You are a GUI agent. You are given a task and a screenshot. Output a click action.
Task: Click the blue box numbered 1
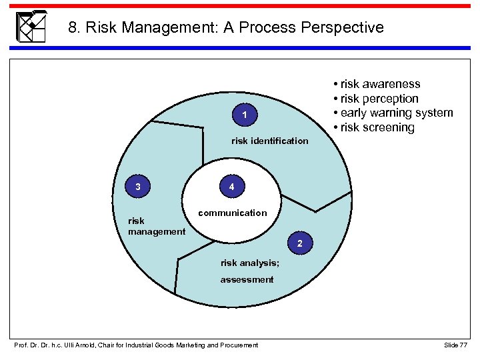(245, 117)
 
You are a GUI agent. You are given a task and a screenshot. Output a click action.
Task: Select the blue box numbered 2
(300, 245)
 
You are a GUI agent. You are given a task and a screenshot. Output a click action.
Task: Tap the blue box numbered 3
(137, 187)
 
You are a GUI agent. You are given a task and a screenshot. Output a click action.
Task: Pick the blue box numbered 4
(231, 187)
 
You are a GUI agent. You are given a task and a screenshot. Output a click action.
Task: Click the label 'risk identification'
(269, 141)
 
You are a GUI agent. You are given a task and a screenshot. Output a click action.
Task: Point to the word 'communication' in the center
(232, 213)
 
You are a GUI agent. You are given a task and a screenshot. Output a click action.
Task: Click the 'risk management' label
(156, 226)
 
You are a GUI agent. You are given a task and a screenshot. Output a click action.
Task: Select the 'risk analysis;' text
(250, 263)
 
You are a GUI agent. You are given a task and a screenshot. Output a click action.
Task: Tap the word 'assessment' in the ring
(247, 279)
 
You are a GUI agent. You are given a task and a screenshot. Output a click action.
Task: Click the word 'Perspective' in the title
(343, 28)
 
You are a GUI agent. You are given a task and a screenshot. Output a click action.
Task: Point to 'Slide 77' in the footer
(455, 345)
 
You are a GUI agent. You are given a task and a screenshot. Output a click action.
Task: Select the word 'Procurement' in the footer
(237, 345)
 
